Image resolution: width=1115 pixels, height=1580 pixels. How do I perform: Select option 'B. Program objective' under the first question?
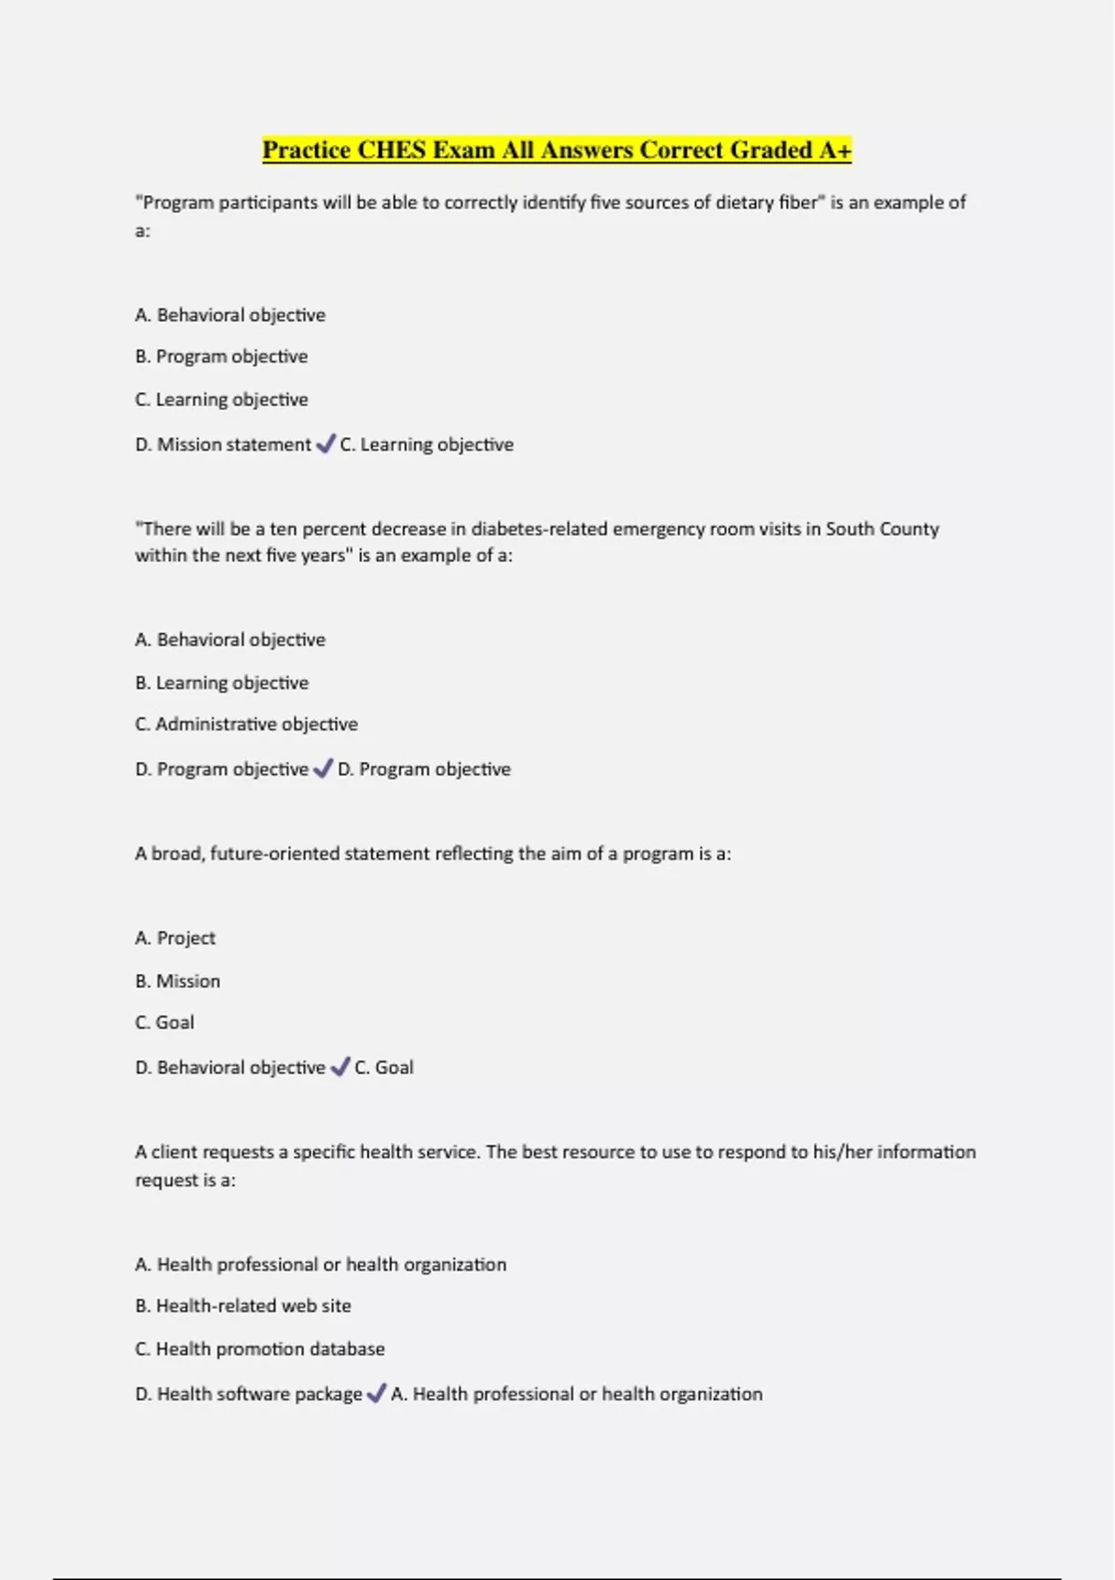[x=221, y=357]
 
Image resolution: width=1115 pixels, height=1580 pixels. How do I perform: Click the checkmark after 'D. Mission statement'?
[x=325, y=444]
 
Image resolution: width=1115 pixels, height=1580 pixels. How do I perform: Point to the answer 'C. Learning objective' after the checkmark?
[x=426, y=445]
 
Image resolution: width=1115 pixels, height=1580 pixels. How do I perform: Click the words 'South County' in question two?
[x=882, y=529]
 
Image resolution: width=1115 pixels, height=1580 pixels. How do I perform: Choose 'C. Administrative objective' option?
[x=246, y=724]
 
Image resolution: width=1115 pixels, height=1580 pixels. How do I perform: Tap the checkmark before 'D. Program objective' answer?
[x=322, y=769]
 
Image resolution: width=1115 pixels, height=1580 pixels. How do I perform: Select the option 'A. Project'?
[x=175, y=939]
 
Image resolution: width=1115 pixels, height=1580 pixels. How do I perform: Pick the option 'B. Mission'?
[x=177, y=981]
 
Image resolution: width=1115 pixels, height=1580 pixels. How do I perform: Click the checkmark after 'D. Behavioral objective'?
[x=340, y=1067]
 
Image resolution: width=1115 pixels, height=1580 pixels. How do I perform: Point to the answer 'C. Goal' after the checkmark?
[x=384, y=1068]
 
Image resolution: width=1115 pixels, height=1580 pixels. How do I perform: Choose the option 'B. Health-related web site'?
[x=243, y=1306]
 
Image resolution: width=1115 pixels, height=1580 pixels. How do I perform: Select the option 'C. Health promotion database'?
[x=259, y=1349]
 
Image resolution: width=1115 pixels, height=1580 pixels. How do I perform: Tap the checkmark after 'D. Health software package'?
[x=376, y=1393]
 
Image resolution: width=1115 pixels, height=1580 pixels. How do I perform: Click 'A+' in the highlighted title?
[x=834, y=151]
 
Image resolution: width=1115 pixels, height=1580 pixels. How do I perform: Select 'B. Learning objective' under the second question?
[x=221, y=683]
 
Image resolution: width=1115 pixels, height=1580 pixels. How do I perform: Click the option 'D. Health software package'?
[x=248, y=1394]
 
